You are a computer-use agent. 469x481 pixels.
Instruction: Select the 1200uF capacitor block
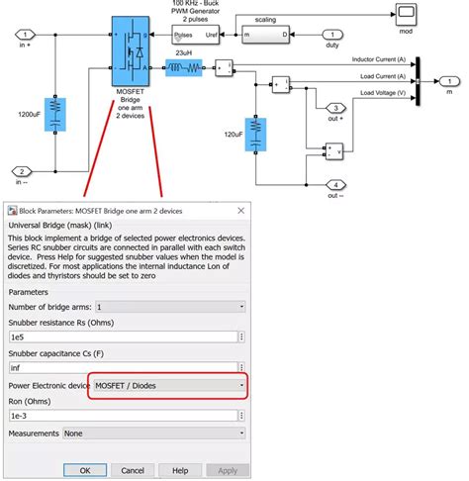(x=55, y=114)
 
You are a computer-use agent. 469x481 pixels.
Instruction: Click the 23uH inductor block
(x=183, y=68)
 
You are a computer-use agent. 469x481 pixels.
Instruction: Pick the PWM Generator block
(x=196, y=38)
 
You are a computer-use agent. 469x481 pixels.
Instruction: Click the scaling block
(x=264, y=37)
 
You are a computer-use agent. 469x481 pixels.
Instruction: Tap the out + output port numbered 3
(x=336, y=108)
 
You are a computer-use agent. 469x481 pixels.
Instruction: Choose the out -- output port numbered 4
(x=336, y=184)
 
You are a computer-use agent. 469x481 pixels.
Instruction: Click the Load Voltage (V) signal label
(x=378, y=93)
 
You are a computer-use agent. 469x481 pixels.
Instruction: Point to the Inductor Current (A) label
(x=381, y=59)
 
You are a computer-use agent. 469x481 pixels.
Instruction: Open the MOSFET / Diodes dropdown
(x=168, y=385)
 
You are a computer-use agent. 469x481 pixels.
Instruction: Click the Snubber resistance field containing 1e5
(x=126, y=337)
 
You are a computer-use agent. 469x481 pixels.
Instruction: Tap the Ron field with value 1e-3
(x=126, y=416)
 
